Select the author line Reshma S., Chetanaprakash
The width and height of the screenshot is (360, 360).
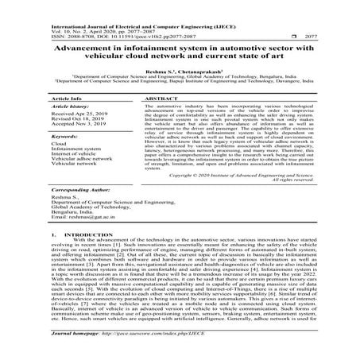(180, 71)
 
